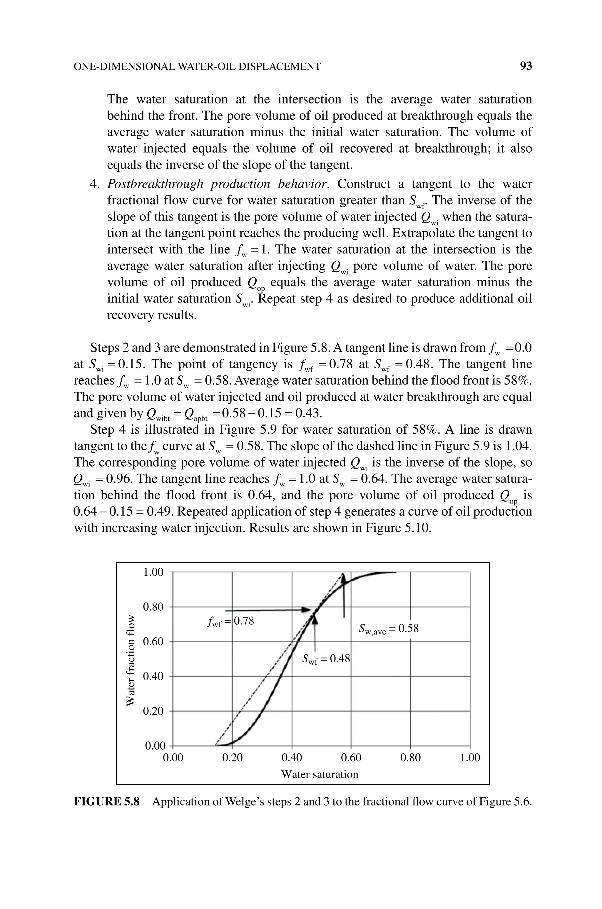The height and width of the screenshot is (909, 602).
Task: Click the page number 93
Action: (526, 66)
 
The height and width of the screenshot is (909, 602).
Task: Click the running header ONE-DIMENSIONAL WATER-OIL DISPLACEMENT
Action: (197, 67)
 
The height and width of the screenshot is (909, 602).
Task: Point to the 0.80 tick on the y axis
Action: (153, 607)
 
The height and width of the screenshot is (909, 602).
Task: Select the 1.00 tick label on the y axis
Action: (153, 572)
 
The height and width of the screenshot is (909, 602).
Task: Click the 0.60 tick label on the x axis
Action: (351, 758)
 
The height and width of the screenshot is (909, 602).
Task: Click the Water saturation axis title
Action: (320, 774)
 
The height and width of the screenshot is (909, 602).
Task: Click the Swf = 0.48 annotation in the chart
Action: (326, 659)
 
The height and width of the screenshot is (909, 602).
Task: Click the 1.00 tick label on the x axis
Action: (469, 758)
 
